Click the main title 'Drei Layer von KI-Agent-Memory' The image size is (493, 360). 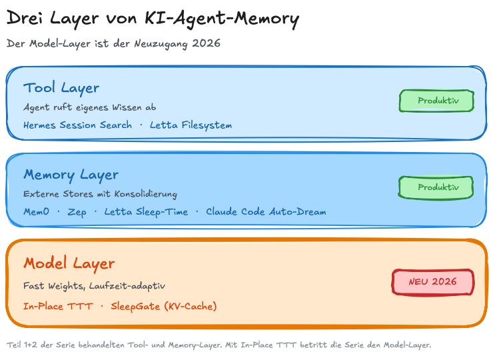click(153, 19)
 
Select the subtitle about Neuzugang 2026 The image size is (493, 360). click(113, 43)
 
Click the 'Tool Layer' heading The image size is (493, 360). click(61, 88)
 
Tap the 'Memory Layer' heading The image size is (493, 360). click(71, 175)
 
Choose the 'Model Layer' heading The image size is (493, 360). click(69, 263)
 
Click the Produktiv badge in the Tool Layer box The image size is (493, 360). click(436, 101)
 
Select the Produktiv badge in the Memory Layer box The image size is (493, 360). click(436, 187)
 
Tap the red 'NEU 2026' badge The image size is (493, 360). click(432, 281)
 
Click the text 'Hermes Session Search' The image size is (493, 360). click(77, 125)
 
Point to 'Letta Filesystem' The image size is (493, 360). click(191, 125)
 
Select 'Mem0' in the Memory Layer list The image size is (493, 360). click(36, 212)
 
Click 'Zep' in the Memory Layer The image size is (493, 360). click(77, 212)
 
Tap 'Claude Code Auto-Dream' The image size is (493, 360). click(266, 212)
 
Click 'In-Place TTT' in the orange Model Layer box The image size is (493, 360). click(58, 307)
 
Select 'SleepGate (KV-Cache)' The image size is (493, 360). click(164, 307)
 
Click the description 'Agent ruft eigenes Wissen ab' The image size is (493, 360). click(90, 107)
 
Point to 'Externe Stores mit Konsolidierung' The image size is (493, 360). click(100, 194)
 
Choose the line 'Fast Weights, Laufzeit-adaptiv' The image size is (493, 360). click(94, 286)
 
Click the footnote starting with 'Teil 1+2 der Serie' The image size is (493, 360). click(219, 345)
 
